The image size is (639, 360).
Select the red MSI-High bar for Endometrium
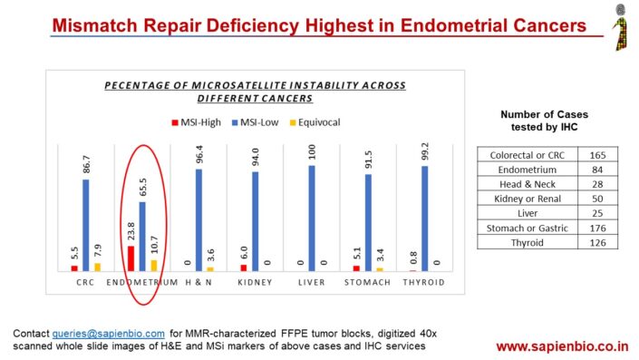(x=130, y=258)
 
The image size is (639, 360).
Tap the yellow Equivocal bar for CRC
(x=97, y=267)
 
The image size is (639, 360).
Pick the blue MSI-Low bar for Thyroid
(x=424, y=219)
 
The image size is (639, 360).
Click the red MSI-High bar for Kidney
(x=243, y=268)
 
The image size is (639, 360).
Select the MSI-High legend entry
(x=194, y=122)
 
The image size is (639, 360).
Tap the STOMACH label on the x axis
(x=367, y=283)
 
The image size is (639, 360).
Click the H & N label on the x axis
(x=198, y=283)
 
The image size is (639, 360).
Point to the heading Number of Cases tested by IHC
(x=544, y=121)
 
